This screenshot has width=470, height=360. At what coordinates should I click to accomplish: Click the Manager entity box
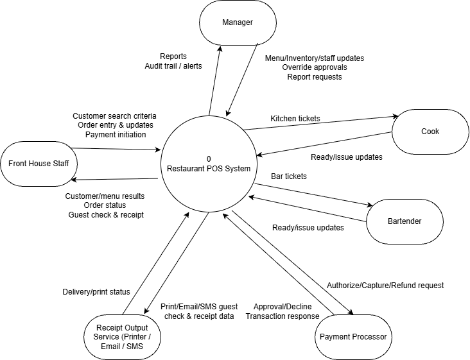pos(238,23)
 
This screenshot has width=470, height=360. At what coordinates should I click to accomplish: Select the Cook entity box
pos(430,132)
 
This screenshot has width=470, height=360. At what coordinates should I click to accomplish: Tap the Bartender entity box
pos(404,221)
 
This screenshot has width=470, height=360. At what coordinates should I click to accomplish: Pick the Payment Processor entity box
pos(354,336)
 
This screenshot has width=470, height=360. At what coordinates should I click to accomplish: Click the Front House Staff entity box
pos(39,163)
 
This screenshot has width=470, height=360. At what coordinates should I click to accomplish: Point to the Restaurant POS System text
pos(209,168)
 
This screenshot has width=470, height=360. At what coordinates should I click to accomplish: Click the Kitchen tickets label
pos(295,119)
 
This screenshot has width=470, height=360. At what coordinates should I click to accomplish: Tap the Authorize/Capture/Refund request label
pos(385,285)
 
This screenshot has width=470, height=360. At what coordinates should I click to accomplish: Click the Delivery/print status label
pos(96,292)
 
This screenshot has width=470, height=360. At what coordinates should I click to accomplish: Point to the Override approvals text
pos(314,67)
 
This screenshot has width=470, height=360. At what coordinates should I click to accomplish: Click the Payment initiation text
pos(114,134)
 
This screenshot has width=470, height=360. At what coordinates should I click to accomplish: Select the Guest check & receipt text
pos(106,214)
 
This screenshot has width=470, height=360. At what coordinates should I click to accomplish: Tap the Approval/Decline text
pos(282,307)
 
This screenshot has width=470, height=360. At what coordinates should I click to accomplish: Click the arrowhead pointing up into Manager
pos(220,49)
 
